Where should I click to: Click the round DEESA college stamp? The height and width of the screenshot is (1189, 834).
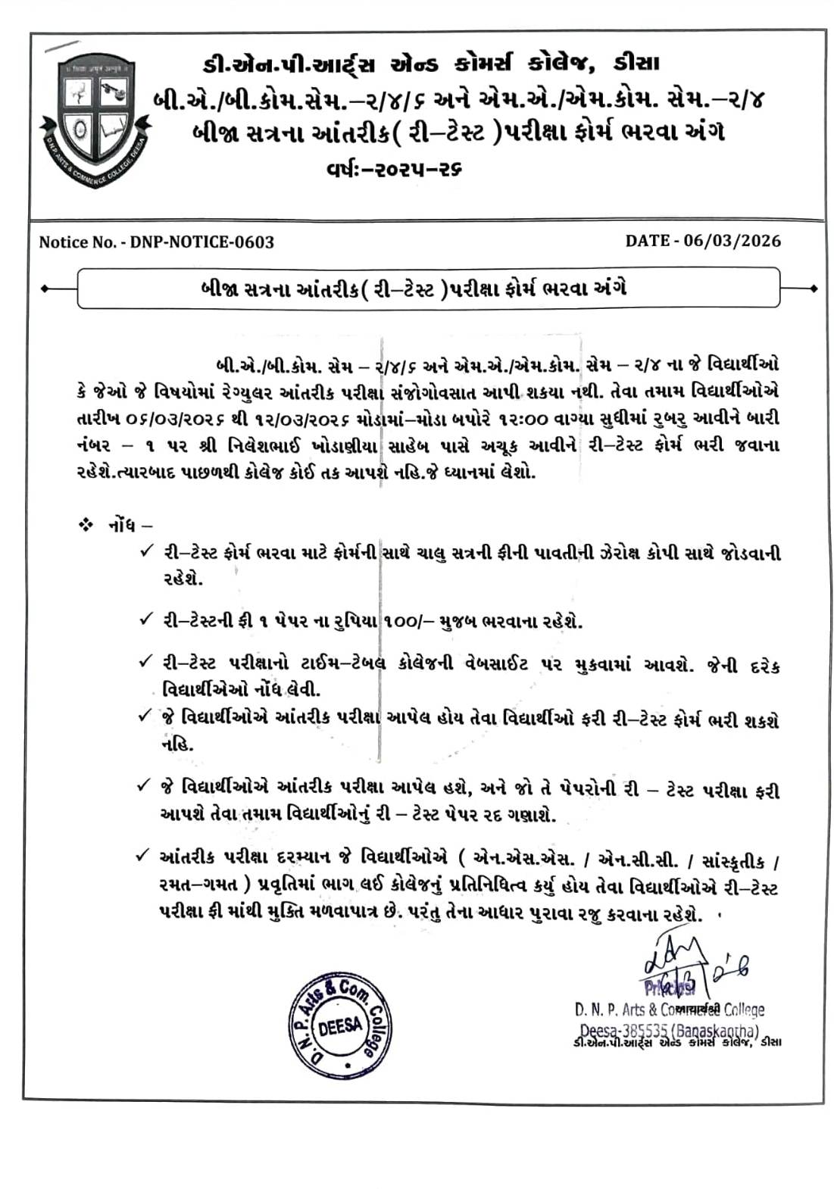click(340, 1026)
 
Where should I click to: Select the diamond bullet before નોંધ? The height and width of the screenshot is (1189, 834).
click(85, 524)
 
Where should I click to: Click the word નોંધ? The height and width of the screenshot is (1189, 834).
click(121, 524)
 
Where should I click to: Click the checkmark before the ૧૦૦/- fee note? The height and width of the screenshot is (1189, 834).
click(145, 619)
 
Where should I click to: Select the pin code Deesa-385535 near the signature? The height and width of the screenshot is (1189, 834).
click(623, 1031)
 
